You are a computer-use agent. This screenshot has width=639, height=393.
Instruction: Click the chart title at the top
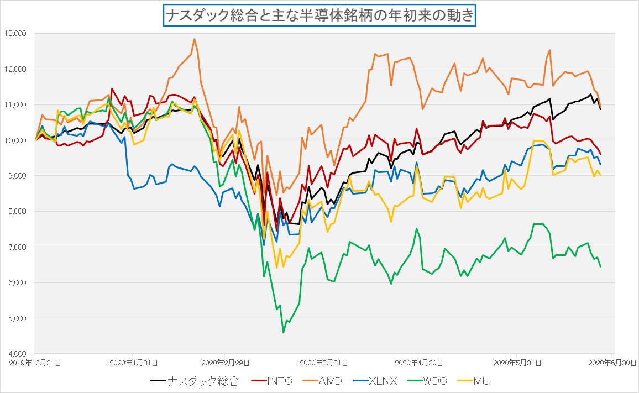click(319, 15)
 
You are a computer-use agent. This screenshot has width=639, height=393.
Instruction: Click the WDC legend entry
click(429, 381)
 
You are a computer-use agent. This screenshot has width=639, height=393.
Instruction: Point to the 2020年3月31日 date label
click(324, 363)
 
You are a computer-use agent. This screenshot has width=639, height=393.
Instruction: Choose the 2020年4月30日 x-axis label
click(419, 363)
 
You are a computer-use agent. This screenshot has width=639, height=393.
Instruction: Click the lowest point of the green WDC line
click(284, 332)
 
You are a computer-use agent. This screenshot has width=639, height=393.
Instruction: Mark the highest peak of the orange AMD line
click(194, 39)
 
